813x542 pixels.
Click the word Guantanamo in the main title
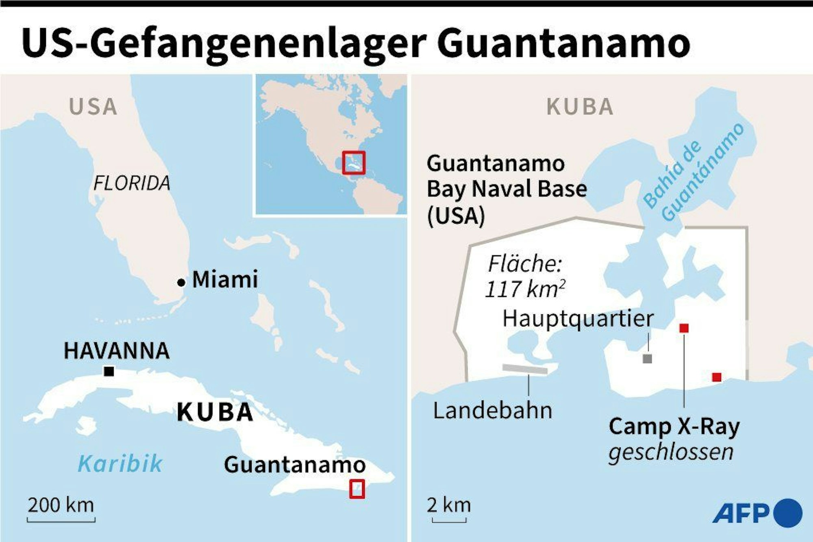[x=563, y=44]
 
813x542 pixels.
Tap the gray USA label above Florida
[x=93, y=107]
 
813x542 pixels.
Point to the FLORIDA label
[x=132, y=183]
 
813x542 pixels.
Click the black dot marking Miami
[x=181, y=283]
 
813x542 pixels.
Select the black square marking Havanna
[x=109, y=371]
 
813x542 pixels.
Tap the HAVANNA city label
[x=117, y=351]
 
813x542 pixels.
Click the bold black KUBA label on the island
[x=215, y=412]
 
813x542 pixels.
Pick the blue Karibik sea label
[x=120, y=464]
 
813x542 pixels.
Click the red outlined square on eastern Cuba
[x=357, y=489]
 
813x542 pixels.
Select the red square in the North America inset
[x=353, y=163]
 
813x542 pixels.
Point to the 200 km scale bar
[x=61, y=519]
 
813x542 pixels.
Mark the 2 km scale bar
[x=449, y=520]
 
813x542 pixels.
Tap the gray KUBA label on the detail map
[x=580, y=107]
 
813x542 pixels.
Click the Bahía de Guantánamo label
[x=693, y=173]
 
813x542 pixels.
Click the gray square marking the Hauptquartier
[x=647, y=359]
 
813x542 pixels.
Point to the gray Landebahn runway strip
[x=525, y=369]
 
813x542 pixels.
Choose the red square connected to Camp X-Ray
[x=684, y=328]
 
